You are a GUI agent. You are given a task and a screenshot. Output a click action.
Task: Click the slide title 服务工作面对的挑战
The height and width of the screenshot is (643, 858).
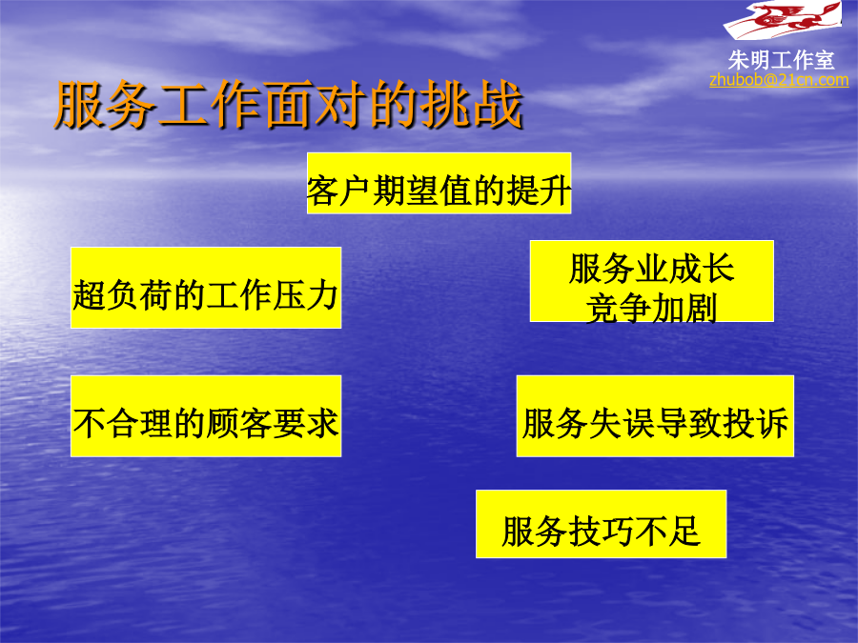(x=289, y=105)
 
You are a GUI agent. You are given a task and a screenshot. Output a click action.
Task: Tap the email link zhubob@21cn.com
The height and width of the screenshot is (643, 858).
(x=779, y=80)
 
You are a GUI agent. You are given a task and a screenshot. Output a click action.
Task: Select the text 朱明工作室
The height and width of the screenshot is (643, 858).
(x=781, y=60)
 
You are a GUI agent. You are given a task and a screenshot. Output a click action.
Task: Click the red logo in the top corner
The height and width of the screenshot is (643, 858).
(x=783, y=19)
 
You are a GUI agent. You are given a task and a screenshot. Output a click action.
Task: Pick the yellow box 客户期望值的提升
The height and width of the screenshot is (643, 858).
(x=439, y=183)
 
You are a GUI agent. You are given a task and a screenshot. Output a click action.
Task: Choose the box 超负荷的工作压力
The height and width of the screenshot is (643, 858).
(x=206, y=288)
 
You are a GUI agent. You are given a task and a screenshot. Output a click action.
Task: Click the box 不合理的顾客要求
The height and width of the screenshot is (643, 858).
(x=206, y=416)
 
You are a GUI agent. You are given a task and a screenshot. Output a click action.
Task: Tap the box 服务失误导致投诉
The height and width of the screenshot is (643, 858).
(x=655, y=416)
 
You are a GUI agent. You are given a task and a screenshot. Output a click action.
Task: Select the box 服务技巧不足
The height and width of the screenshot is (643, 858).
(x=601, y=524)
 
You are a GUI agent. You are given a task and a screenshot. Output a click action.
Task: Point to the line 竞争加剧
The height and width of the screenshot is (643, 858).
(x=651, y=309)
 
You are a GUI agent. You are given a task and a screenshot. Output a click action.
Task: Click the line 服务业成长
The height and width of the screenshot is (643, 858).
(x=651, y=269)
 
